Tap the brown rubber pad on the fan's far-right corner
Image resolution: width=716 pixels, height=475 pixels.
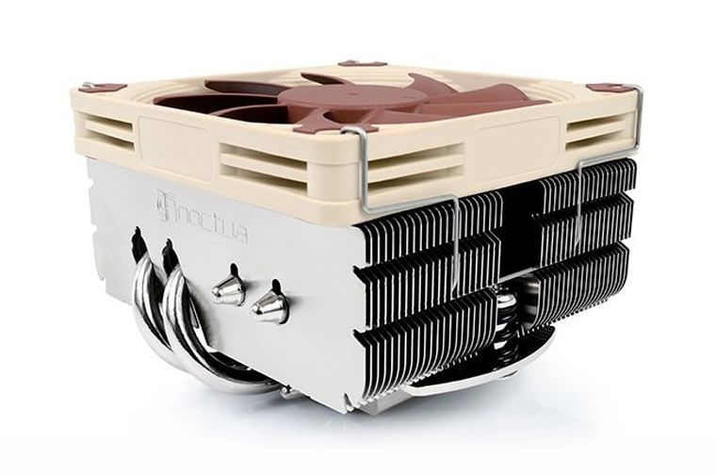pyautogui.click(x=621, y=87)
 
